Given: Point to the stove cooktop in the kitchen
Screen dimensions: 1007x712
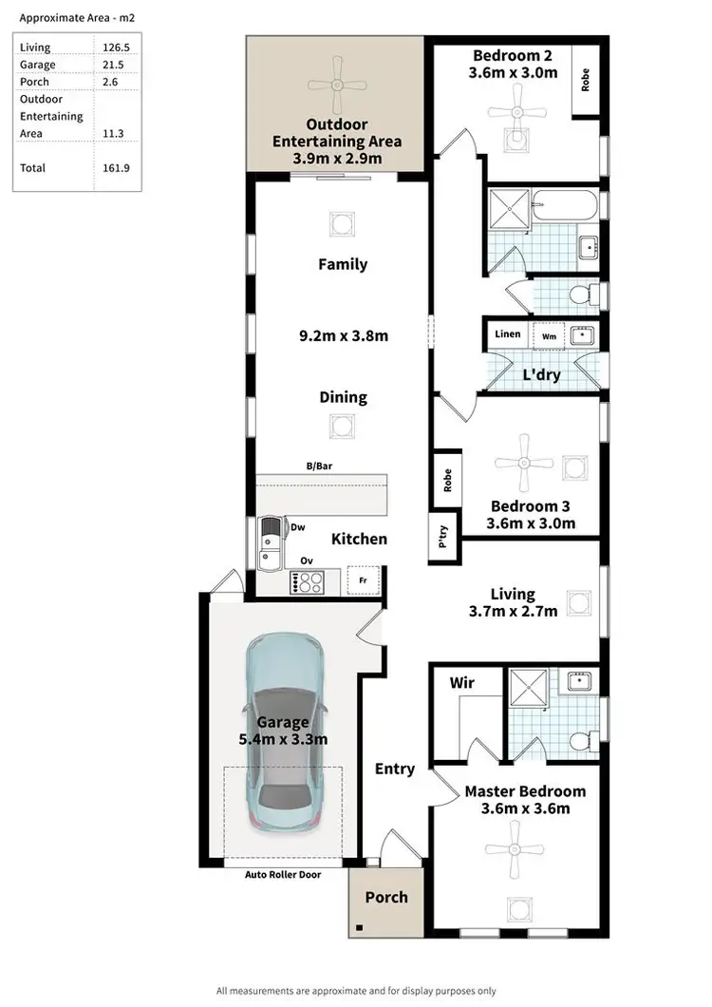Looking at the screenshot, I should (314, 580).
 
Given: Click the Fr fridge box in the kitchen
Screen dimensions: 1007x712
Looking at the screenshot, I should (362, 579).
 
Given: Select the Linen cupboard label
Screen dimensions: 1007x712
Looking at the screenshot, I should (508, 334).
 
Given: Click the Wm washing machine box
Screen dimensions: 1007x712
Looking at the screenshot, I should (549, 335).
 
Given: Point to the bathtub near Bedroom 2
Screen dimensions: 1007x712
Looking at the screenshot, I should (564, 206).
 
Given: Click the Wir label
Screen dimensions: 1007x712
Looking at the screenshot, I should (461, 682).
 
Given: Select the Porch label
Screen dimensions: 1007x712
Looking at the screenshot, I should (386, 897).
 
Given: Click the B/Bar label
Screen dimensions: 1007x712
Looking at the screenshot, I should (318, 465).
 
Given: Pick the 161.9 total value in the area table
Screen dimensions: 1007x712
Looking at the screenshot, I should (115, 168).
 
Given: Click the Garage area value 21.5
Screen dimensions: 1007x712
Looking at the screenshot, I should (113, 65).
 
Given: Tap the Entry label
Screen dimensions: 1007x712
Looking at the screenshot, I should (394, 769).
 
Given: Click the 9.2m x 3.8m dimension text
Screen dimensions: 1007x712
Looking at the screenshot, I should (343, 335).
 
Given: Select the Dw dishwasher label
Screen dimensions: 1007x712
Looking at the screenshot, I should (297, 527).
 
